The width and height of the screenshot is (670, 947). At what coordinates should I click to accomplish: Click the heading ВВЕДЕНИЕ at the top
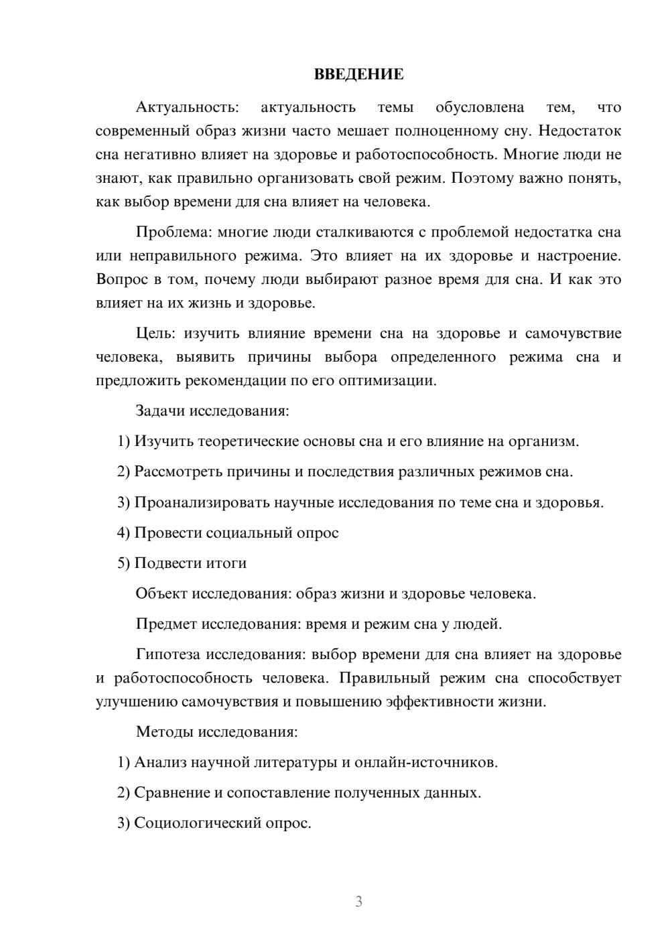(358, 74)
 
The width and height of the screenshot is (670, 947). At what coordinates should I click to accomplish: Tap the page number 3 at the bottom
(358, 901)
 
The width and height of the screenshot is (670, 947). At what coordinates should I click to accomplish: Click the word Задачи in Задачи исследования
(160, 411)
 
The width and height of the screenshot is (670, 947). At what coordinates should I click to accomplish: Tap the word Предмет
(166, 624)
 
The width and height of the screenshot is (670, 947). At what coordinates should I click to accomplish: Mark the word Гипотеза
(168, 654)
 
